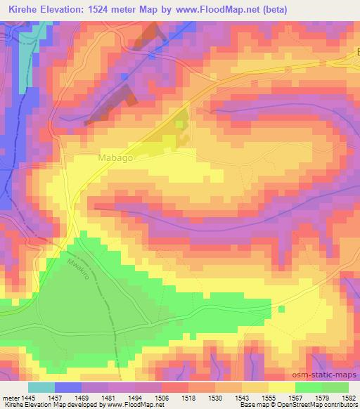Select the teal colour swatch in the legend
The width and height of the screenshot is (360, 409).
tap(41, 387)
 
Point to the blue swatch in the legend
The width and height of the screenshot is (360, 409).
tap(68, 387)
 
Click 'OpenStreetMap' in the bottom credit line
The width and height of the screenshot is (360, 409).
tap(300, 405)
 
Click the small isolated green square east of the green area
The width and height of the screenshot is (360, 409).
tap(281, 309)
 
